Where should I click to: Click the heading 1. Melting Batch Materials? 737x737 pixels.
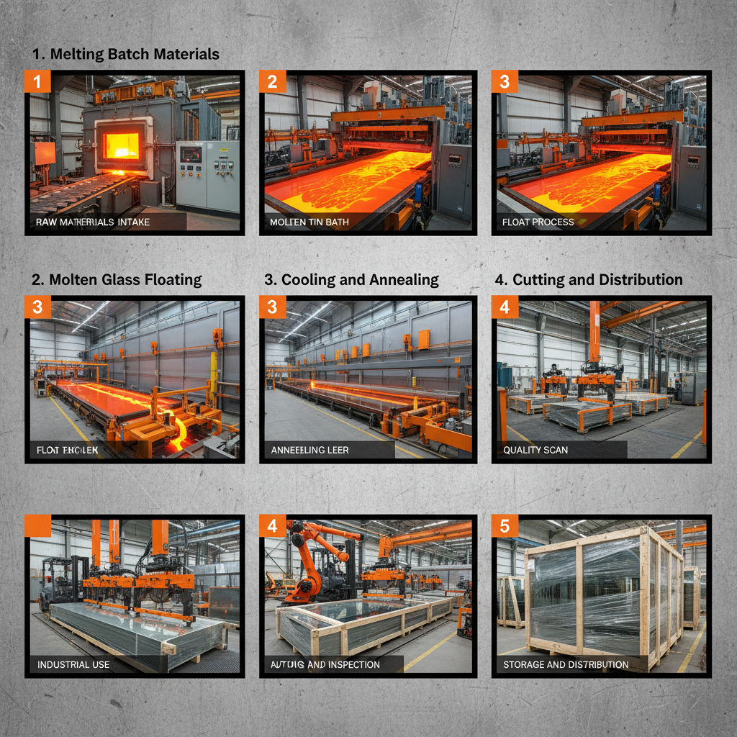126,54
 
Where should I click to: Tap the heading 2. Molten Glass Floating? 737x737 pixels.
117,279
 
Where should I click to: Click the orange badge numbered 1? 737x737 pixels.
38,81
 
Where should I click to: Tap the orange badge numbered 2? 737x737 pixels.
272,81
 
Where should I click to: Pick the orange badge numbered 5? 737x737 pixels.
505,526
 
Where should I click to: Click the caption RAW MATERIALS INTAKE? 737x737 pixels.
93,222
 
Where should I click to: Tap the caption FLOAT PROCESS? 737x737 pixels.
538,222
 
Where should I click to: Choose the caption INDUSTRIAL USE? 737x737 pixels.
73,664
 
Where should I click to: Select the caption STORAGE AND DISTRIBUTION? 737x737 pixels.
566,664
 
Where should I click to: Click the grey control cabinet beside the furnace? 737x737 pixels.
208,176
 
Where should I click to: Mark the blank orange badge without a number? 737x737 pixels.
38,526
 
